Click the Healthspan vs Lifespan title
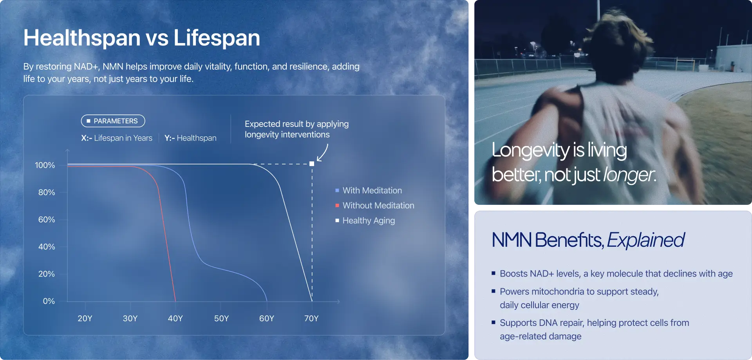click(141, 38)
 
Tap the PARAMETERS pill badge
click(113, 121)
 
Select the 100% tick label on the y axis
click(45, 165)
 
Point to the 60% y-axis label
click(47, 220)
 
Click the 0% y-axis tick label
click(49, 301)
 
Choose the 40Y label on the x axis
click(175, 318)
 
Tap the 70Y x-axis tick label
click(311, 318)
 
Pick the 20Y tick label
click(85, 318)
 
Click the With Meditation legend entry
click(369, 190)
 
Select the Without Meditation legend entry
click(374, 205)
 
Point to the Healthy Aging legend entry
click(365, 221)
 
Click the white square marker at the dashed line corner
click(312, 164)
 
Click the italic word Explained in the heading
click(646, 240)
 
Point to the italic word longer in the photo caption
click(629, 175)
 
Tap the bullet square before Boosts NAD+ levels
click(493, 273)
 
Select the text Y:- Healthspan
click(190, 138)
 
